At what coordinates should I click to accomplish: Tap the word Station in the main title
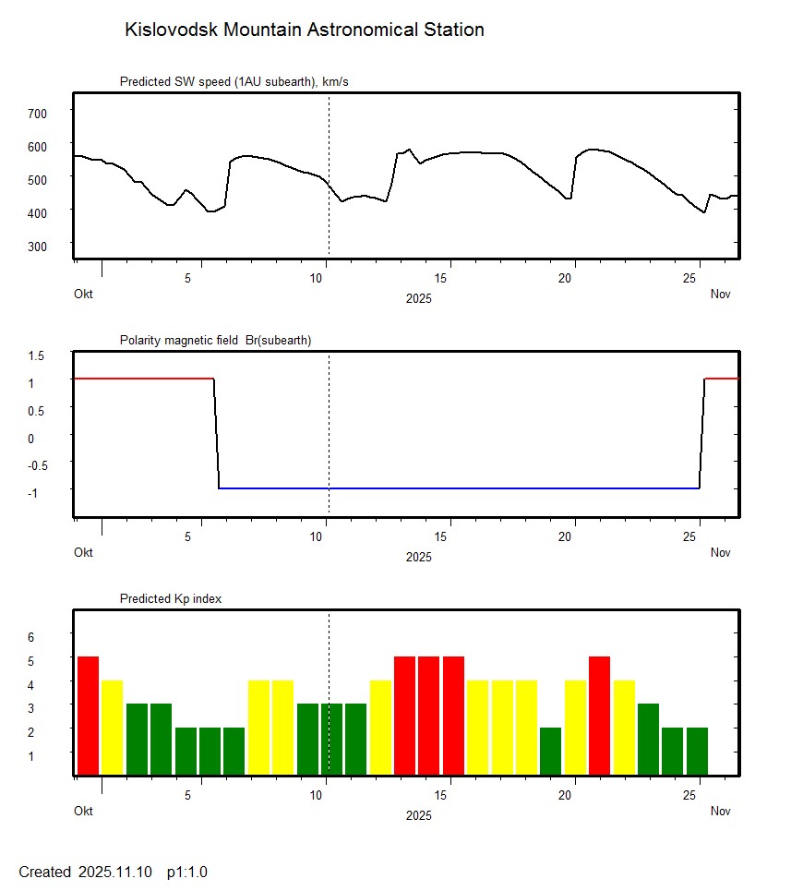tap(451, 30)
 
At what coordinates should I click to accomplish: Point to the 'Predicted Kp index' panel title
tap(171, 599)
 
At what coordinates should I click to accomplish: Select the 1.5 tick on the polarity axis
tap(36, 355)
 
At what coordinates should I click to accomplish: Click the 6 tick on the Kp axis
tap(30, 637)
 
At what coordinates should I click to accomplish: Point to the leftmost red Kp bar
tap(88, 716)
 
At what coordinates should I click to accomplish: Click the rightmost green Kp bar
tap(697, 751)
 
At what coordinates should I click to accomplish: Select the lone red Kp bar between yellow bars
tap(599, 716)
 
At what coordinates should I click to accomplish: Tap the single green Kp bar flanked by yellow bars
tap(550, 751)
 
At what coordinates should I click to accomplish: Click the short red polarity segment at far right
tap(721, 379)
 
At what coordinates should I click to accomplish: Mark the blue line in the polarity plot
tap(461, 488)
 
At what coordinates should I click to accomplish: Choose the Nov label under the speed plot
tap(721, 295)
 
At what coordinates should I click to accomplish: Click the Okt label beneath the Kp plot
tap(84, 812)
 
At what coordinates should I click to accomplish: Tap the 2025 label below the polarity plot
tap(418, 557)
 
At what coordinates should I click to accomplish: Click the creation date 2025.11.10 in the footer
tap(118, 873)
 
